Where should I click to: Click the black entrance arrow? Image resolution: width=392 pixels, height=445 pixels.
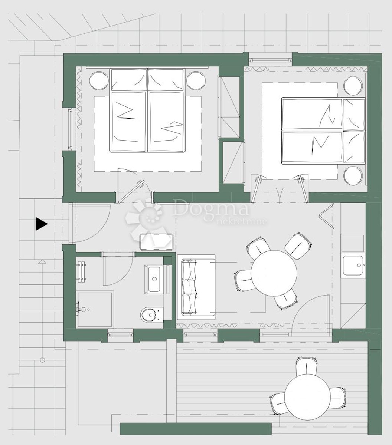click(x=41, y=224)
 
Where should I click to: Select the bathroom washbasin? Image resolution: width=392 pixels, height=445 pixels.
click(x=154, y=279)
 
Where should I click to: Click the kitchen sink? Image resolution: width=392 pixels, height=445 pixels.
click(x=353, y=265)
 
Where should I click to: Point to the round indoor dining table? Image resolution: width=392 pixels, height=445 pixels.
click(x=274, y=273)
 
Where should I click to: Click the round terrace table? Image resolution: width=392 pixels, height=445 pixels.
click(x=307, y=397)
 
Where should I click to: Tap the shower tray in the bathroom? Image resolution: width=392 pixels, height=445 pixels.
click(x=95, y=309)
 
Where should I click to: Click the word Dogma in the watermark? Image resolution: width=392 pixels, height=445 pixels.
click(x=210, y=208)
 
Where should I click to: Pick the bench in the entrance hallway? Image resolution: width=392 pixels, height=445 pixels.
click(x=156, y=242)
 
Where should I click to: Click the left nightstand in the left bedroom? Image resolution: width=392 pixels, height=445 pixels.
click(x=99, y=80)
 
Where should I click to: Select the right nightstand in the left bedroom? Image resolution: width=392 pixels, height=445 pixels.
click(x=196, y=80)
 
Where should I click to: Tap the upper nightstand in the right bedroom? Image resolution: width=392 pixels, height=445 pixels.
click(x=353, y=86)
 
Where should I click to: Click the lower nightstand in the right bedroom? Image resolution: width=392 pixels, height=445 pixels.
click(x=353, y=176)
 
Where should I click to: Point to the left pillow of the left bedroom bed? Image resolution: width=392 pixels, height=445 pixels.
click(x=128, y=80)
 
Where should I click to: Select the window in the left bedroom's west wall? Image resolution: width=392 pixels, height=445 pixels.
click(x=70, y=129)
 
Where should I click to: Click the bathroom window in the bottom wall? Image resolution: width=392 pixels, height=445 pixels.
click(x=120, y=334)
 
